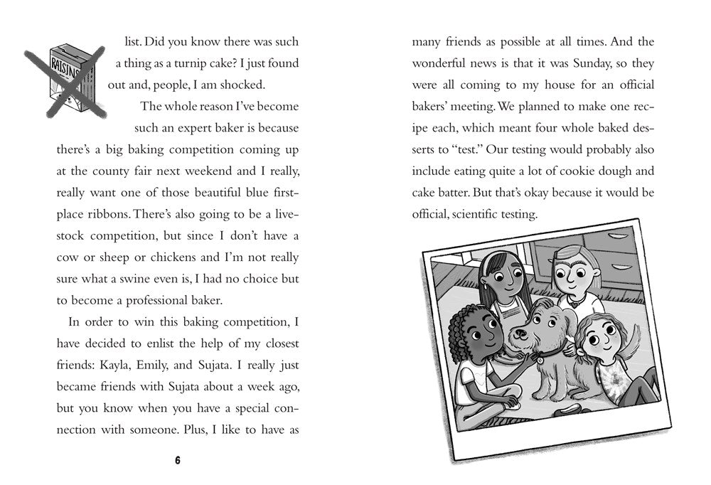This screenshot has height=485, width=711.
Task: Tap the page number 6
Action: point(178,460)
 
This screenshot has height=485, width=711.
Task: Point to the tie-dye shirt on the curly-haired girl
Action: point(611,380)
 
